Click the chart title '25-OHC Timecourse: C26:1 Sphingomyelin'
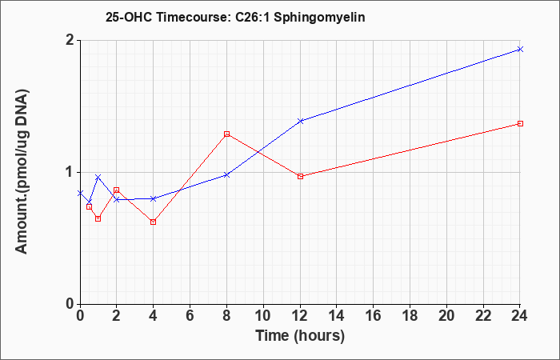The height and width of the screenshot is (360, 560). (235, 17)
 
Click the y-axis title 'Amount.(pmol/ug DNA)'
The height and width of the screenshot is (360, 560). (22, 171)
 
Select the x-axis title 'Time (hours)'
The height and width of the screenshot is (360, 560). (300, 336)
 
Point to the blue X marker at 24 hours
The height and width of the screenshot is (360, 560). (520, 50)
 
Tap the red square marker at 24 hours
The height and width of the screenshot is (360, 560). (520, 123)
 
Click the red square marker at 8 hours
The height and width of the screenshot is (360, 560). (226, 134)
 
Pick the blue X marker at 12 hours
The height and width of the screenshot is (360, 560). (300, 121)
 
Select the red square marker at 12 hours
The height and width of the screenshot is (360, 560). (300, 177)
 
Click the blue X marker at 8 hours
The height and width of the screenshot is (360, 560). (226, 175)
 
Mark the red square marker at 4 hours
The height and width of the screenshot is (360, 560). (154, 222)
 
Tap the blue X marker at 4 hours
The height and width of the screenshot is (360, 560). (154, 198)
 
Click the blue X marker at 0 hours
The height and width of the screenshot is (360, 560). (80, 194)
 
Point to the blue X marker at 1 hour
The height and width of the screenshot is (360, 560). (98, 177)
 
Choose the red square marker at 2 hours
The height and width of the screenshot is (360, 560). (117, 190)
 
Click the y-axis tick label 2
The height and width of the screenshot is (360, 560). (70, 40)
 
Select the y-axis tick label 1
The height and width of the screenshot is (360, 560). (70, 172)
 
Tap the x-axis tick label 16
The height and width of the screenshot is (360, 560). (374, 316)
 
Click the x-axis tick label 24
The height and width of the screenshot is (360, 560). (519, 316)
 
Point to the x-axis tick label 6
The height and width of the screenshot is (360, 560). (190, 316)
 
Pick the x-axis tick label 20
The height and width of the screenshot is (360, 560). (446, 316)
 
